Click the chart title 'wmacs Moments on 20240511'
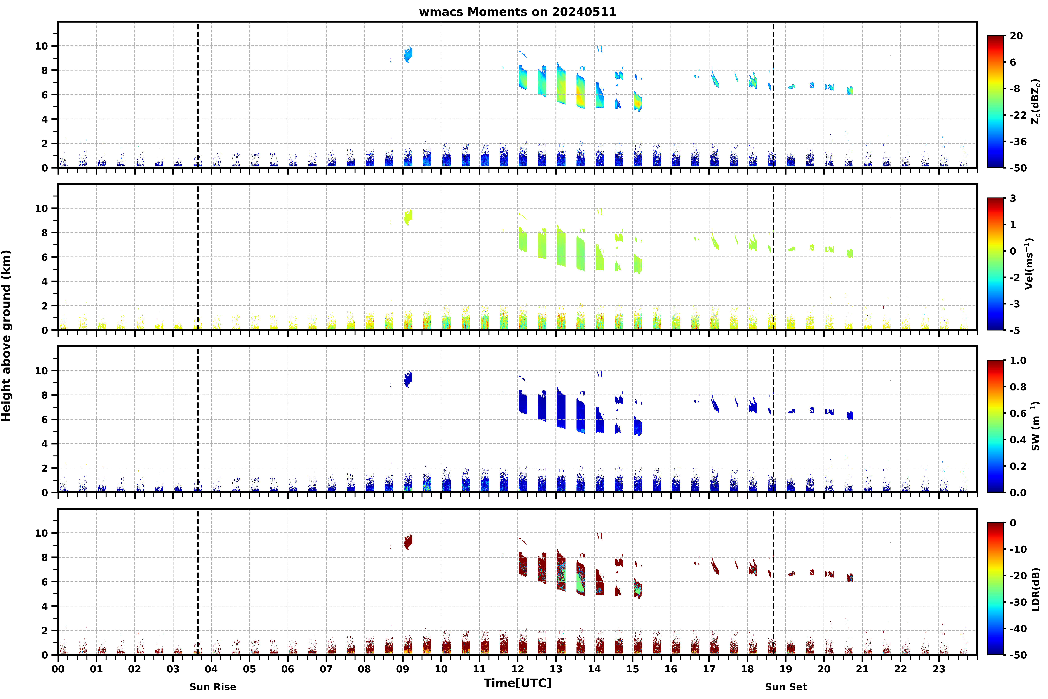pyautogui.click(x=517, y=12)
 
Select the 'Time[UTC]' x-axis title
pyautogui.click(x=517, y=683)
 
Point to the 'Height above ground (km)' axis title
pyautogui.click(x=6, y=336)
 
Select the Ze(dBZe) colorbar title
pyautogui.click(x=1035, y=102)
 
